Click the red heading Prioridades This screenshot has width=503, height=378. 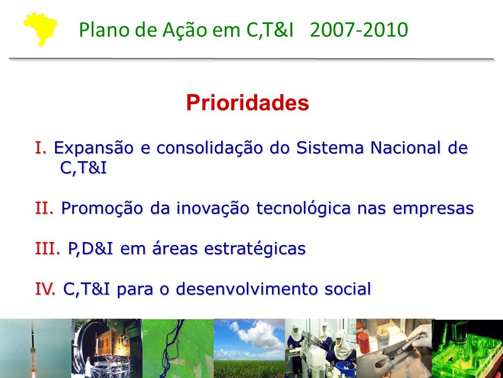point(247,103)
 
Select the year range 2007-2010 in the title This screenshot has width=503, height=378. point(359,29)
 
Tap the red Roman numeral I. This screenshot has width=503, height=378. point(41,148)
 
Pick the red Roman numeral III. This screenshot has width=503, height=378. point(48,248)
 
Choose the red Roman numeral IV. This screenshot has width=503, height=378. point(45,288)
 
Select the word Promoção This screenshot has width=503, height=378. point(102,208)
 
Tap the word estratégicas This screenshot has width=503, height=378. point(255,249)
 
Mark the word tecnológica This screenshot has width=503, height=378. point(303,208)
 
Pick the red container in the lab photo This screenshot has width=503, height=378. point(364,342)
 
